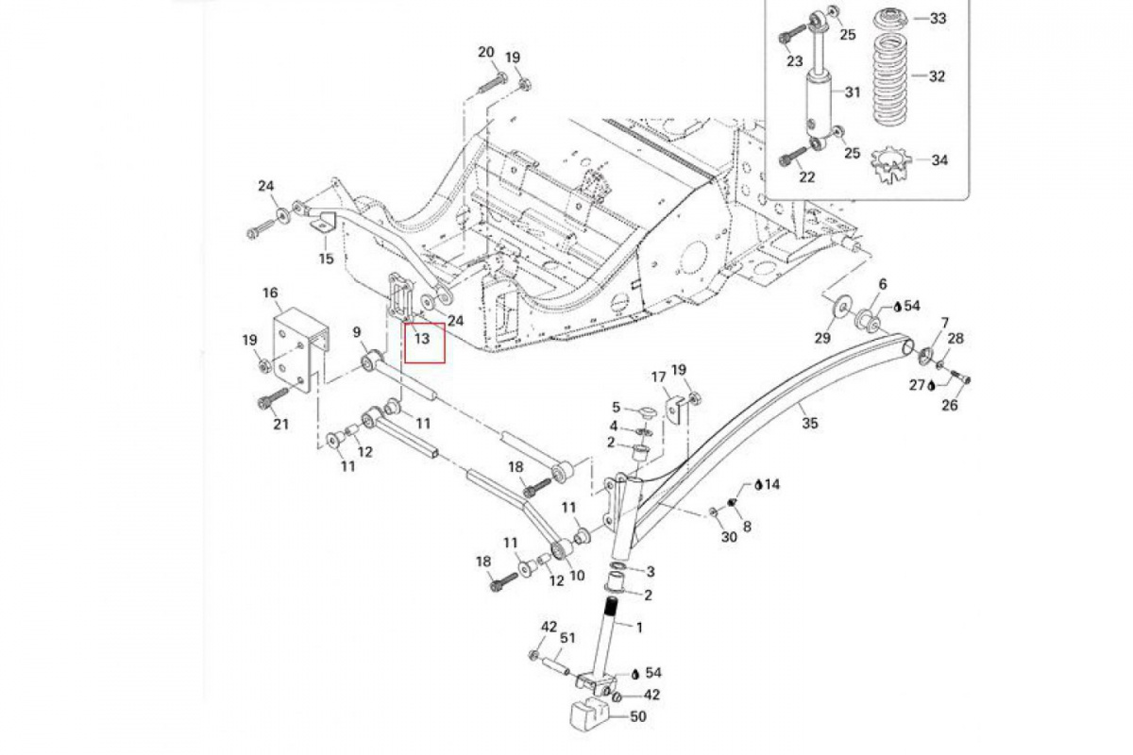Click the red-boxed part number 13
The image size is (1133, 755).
[422, 338]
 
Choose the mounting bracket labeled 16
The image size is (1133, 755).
[300, 349]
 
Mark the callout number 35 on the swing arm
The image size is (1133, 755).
[809, 423]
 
